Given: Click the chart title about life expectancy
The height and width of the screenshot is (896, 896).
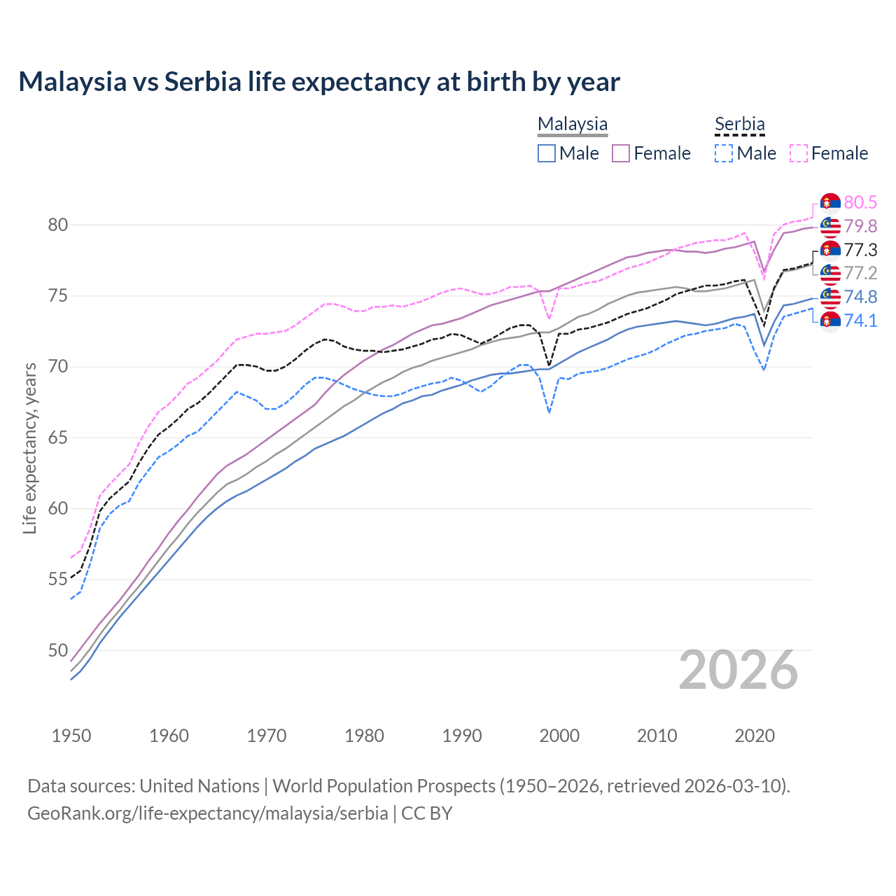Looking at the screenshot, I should click(x=319, y=82).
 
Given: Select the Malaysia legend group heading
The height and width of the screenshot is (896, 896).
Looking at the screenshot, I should click(x=573, y=124).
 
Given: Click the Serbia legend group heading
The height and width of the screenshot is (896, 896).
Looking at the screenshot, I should click(x=739, y=124).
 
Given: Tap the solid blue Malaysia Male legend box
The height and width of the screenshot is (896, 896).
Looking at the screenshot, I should click(x=547, y=153).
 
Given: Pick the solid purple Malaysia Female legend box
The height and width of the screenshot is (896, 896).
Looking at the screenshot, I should click(x=621, y=153).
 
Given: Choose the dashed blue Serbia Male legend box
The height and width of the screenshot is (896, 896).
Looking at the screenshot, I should click(x=724, y=153).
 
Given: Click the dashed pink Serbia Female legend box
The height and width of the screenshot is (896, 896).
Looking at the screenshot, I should click(x=799, y=153).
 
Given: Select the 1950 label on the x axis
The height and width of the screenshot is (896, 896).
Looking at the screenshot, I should click(x=71, y=736).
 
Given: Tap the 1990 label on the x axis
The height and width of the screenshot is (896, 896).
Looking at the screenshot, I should click(x=462, y=736).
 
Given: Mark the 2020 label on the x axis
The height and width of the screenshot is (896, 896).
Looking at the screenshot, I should click(x=755, y=736).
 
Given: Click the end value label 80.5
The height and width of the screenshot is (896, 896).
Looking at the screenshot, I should click(x=860, y=202).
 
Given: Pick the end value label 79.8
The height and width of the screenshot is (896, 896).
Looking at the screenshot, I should click(x=860, y=226).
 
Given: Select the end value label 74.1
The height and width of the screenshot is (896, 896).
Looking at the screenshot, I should click(x=860, y=321).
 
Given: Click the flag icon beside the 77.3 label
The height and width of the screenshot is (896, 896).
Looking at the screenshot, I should click(x=830, y=250).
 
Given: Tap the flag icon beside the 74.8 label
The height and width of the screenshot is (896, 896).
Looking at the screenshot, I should click(x=830, y=297).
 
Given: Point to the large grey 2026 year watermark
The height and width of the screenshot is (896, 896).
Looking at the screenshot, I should click(x=738, y=671).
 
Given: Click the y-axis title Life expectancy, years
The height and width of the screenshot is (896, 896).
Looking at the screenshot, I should click(x=30, y=448).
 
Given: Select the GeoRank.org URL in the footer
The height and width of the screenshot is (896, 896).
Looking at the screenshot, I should click(x=207, y=813).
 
